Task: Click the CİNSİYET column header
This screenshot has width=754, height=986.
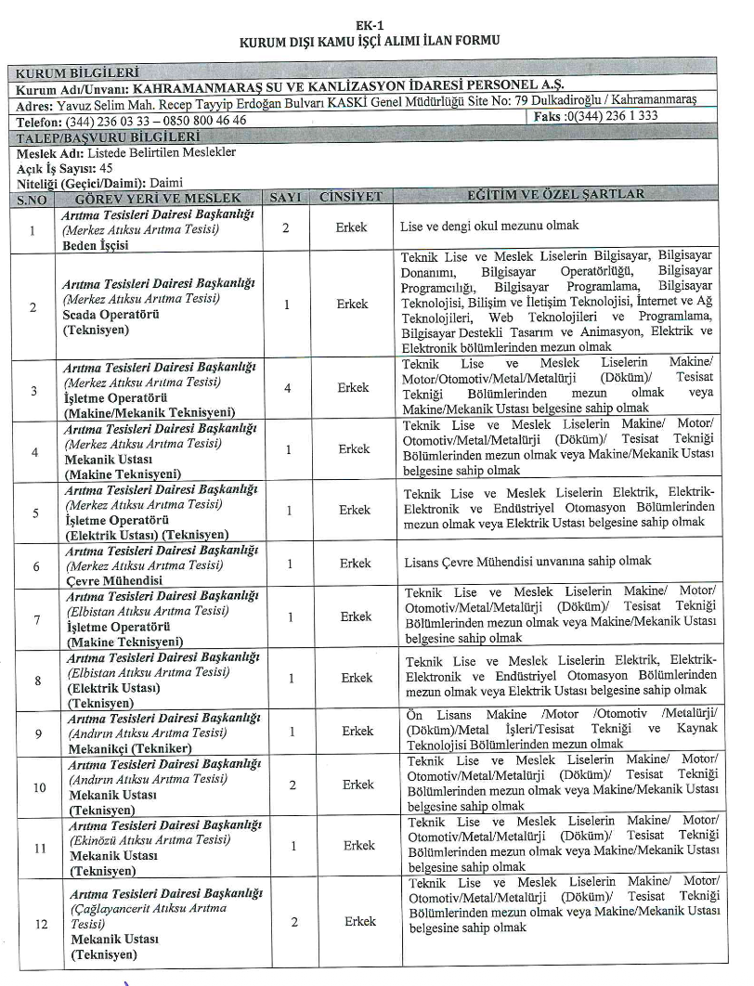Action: click(350, 198)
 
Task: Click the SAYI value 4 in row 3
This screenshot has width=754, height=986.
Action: click(287, 389)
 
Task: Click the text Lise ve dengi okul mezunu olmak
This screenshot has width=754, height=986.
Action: click(489, 226)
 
